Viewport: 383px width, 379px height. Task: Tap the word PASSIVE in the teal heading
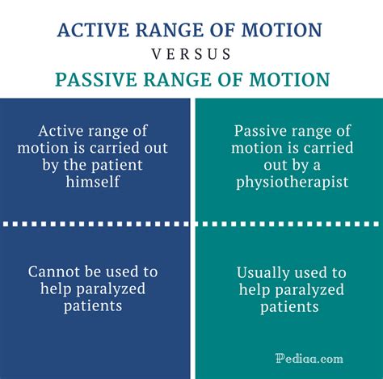point(95,80)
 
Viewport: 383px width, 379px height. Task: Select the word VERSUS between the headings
point(191,55)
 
